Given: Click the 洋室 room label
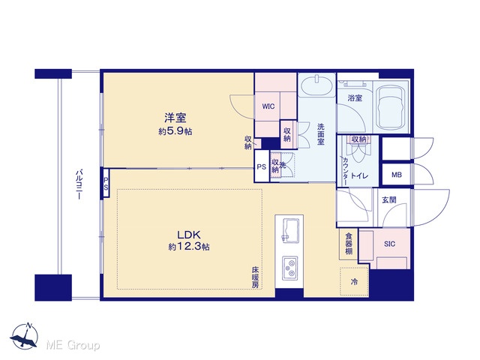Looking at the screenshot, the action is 175,118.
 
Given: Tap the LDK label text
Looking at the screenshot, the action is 189,235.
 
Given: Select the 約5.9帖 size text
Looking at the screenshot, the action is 175,132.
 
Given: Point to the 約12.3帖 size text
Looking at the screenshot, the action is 189,247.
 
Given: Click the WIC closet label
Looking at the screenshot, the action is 268,106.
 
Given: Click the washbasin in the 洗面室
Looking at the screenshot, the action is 316,84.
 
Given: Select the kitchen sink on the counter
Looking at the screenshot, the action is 289,230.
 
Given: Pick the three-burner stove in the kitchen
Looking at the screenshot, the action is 289,268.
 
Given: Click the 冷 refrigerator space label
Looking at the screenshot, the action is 354,282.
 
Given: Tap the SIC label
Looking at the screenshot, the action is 389,244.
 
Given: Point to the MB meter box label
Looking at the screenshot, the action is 397,175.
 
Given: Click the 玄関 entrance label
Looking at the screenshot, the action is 389,200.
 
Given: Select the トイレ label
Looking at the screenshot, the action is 359,175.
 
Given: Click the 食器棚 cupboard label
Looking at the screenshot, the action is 349,244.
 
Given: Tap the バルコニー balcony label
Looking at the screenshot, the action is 79,185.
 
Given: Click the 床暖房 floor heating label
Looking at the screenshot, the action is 255,277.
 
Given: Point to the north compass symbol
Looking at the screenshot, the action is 24,335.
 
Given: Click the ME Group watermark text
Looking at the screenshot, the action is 73,345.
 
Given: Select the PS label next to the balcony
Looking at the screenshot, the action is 106,183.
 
